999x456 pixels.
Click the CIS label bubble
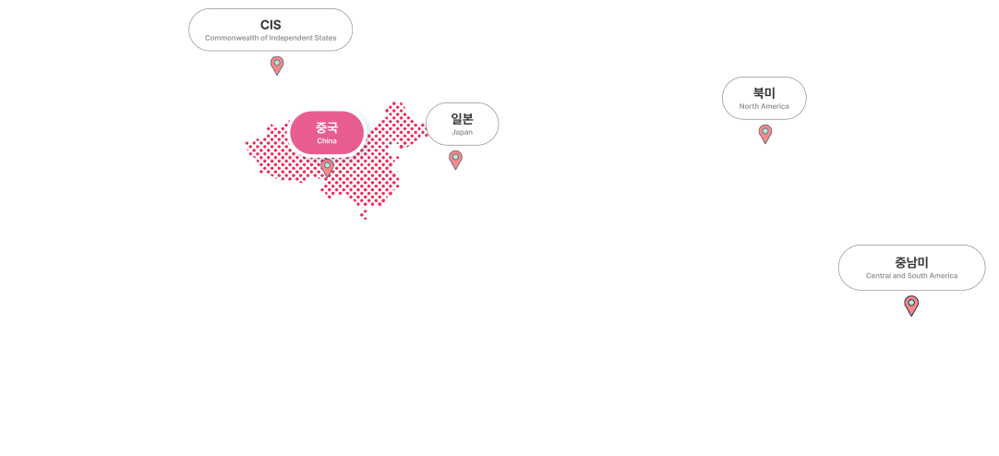point(271,30)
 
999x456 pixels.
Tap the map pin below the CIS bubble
point(277,65)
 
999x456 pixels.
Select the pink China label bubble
point(327,132)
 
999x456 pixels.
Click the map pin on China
point(327,167)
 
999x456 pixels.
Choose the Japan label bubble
point(462,124)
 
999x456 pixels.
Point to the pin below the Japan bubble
point(455,159)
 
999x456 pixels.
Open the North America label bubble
point(764,98)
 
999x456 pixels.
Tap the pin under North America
point(765,133)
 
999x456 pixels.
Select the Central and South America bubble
point(911,268)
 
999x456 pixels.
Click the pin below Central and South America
point(911,305)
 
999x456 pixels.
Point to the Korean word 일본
point(462,118)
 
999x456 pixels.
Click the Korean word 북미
point(764,92)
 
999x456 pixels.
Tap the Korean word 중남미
point(911,261)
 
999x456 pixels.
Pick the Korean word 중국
point(327,127)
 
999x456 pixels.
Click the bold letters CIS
point(271,24)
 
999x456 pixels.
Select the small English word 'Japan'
point(462,132)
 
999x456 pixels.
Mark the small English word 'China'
point(327,140)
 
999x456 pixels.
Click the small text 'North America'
point(764,106)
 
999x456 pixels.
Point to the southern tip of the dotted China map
point(364,217)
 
